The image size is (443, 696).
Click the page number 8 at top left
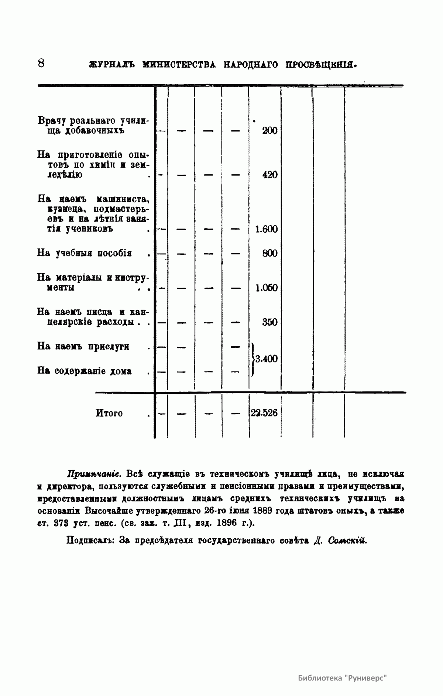click(x=41, y=63)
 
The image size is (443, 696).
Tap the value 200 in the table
click(x=269, y=131)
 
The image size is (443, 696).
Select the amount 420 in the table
click(x=269, y=175)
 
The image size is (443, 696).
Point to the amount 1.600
click(x=266, y=229)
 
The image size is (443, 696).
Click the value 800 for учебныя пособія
click(x=269, y=254)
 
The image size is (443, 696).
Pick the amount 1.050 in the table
click(x=266, y=288)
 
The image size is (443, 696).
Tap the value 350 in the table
click(x=269, y=322)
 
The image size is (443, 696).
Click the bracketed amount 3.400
click(x=266, y=359)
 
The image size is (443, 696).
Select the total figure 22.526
click(x=264, y=413)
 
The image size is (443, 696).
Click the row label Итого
click(x=109, y=413)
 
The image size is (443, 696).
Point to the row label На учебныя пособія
click(x=85, y=254)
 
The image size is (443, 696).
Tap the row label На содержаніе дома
click(x=85, y=371)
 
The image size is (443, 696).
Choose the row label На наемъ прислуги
click(x=83, y=347)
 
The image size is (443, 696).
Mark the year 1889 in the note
click(x=263, y=511)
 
